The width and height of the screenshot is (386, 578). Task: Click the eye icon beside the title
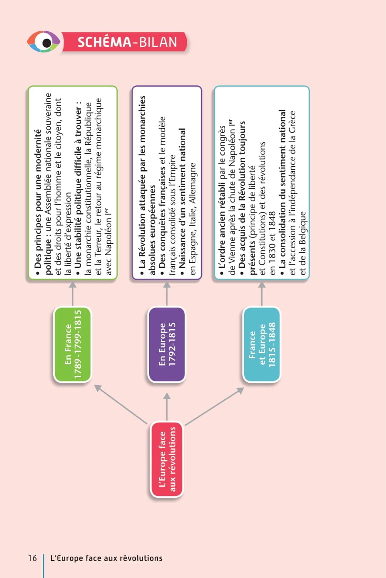click(x=43, y=42)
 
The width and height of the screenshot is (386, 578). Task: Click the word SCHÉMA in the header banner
click(x=104, y=42)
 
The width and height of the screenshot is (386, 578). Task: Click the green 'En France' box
click(x=73, y=344)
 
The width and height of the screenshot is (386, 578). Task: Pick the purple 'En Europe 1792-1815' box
click(x=167, y=344)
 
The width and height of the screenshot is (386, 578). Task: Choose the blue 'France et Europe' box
click(x=262, y=344)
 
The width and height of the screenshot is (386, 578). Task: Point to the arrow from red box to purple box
click(x=167, y=407)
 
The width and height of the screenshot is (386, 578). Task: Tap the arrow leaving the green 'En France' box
click(x=73, y=293)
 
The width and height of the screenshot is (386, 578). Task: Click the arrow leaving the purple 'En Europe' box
click(x=167, y=293)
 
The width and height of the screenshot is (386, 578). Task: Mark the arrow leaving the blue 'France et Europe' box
click(x=262, y=293)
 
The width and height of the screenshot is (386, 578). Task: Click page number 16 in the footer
click(x=32, y=558)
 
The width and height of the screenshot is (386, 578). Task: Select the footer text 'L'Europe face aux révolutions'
click(x=107, y=558)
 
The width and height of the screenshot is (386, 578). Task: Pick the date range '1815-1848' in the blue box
click(x=272, y=344)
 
